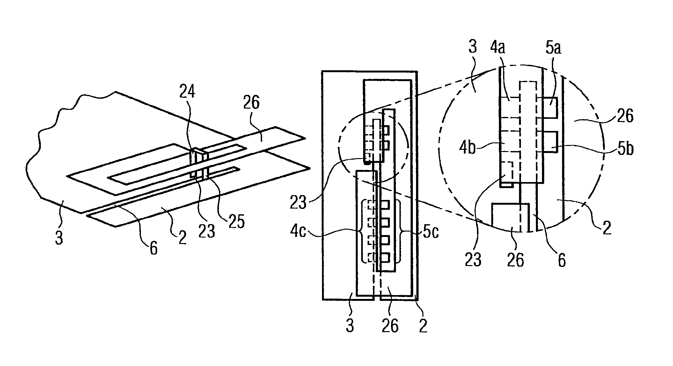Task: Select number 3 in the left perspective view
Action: click(59, 238)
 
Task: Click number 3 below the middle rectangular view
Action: click(350, 326)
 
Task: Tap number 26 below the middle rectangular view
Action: click(390, 326)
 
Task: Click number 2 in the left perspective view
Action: click(182, 238)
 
